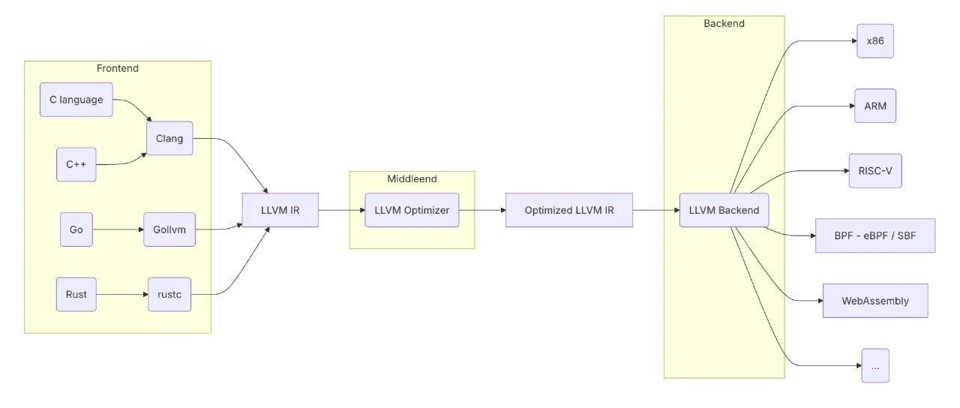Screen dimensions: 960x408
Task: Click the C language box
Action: (76, 100)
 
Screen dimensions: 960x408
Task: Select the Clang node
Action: (169, 139)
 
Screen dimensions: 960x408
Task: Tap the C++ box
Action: (76, 164)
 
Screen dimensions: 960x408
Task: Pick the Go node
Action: (76, 229)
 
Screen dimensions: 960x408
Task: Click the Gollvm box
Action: (169, 229)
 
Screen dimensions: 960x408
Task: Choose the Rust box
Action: (76, 295)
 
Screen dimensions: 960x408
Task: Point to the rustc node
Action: (169, 295)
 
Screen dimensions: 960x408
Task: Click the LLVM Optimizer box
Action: (412, 211)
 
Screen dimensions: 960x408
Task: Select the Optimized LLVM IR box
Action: (569, 211)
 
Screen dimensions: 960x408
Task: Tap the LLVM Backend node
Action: (724, 211)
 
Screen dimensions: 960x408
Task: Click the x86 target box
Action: (875, 41)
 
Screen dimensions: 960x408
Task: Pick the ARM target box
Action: (875, 106)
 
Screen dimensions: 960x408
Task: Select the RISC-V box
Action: (875, 171)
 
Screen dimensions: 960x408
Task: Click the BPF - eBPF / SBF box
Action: (875, 236)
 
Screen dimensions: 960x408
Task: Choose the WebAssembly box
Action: (875, 301)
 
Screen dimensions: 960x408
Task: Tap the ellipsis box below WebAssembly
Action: (875, 366)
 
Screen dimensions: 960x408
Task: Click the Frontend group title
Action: (118, 68)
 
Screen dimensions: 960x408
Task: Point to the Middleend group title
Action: (412, 179)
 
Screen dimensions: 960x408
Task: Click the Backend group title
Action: (724, 23)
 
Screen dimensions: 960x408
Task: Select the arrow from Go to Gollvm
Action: (118, 229)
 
